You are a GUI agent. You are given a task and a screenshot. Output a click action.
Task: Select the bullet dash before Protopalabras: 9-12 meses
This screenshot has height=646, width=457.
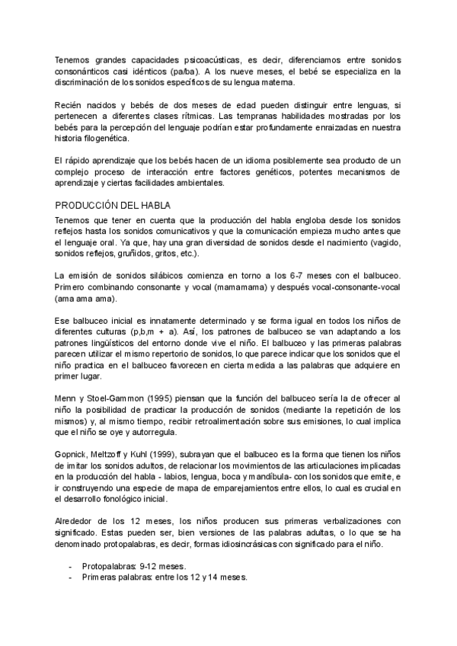(71, 567)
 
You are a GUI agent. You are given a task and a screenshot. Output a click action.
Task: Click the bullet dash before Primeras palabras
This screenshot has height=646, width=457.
(71, 578)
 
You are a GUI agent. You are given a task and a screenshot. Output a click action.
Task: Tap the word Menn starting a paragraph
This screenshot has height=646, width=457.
(67, 398)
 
